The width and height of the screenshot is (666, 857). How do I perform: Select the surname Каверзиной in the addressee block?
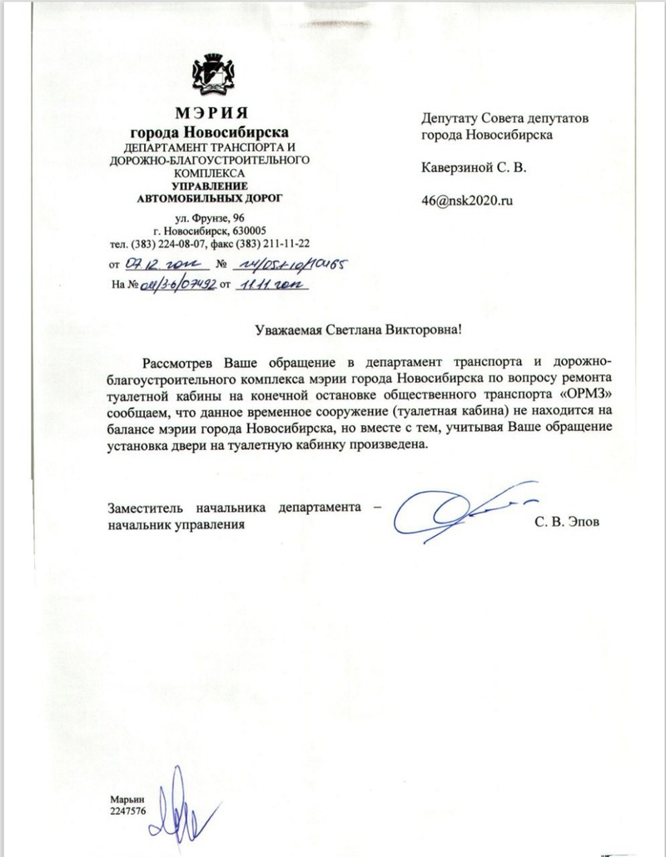pos(459,167)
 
